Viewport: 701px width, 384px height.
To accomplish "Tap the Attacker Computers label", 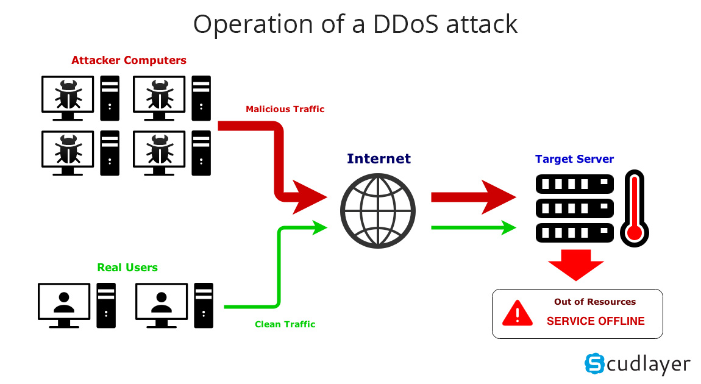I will tap(129, 60).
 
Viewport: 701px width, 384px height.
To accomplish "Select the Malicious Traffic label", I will tap(285, 109).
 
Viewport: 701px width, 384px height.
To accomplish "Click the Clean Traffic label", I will tap(285, 324).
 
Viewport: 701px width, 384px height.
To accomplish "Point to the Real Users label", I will tap(127, 268).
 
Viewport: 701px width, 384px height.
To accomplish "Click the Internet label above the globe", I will tap(379, 159).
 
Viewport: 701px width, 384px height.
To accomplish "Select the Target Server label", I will tap(574, 159).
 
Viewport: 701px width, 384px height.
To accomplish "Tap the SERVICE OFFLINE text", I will tap(595, 321).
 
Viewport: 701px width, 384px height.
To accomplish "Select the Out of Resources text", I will tap(594, 302).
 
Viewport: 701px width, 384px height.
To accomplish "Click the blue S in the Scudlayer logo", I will tap(594, 363).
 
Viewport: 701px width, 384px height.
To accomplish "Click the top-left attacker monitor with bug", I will tap(68, 95).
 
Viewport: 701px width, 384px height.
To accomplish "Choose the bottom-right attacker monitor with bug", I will tap(159, 149).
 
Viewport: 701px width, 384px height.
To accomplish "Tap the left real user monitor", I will tap(63, 302).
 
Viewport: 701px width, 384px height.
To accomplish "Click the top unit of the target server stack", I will tap(574, 183).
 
